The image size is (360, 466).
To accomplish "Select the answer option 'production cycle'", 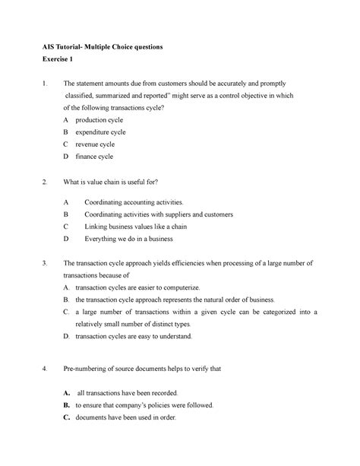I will [x=99, y=120].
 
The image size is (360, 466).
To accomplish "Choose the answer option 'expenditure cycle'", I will [x=101, y=132].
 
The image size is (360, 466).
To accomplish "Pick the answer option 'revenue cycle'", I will [x=96, y=144].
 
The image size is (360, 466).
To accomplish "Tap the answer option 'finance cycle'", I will [x=94, y=157].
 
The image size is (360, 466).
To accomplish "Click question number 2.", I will [x=46, y=182].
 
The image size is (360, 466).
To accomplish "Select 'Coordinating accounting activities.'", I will [x=134, y=202].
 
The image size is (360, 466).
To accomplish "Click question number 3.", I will [x=46, y=263].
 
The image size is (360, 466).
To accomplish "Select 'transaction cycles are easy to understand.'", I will [x=133, y=336].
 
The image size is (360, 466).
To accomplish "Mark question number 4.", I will [x=46, y=369].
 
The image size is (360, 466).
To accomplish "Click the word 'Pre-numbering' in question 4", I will [x=86, y=369].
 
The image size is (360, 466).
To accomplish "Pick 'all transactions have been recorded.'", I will [x=128, y=393].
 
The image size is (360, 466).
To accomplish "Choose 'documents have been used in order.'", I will [x=126, y=417].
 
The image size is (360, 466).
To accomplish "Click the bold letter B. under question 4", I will [x=68, y=405].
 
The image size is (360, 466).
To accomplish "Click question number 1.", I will [x=46, y=84].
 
